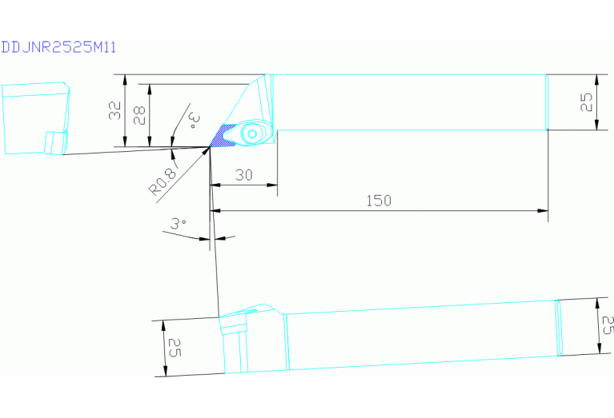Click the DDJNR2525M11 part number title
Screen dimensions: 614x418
point(58,47)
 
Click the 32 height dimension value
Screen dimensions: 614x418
point(114,110)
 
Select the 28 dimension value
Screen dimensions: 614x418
point(139,115)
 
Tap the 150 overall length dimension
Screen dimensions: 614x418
point(379,201)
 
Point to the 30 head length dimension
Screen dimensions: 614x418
point(243,175)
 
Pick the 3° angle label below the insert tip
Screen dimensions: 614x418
point(178,223)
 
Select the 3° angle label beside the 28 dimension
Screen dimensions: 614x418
point(194,121)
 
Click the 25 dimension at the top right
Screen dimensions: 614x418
point(586,102)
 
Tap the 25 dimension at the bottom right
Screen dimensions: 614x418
point(607,325)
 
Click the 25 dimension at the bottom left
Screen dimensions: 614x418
point(175,348)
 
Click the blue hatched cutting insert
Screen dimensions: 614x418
point(223,136)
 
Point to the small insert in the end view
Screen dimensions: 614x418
point(54,143)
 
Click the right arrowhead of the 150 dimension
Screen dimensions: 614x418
point(543,211)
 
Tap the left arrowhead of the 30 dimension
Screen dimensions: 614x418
point(215,185)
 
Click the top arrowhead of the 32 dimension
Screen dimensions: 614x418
point(126,80)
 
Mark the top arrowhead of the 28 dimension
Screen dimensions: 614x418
point(149,90)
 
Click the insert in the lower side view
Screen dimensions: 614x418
point(234,324)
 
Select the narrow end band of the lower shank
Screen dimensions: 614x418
point(559,328)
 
